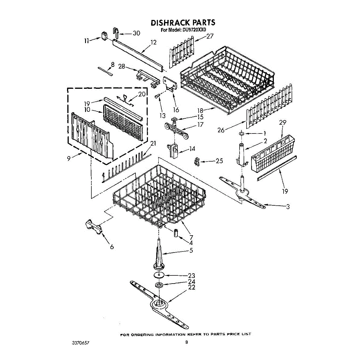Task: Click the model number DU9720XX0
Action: tap(192, 30)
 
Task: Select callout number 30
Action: tap(136, 33)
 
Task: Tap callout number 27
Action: tap(210, 36)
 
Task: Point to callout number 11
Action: tap(87, 41)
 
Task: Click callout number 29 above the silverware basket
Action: tap(283, 123)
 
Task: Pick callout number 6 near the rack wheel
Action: tap(112, 247)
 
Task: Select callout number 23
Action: tap(192, 275)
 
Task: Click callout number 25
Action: tap(219, 161)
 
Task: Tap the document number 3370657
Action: tap(81, 343)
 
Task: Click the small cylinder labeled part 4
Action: tap(175, 233)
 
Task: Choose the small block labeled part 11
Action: tap(105, 36)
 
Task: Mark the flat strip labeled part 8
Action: tap(105, 72)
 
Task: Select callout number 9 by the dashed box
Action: tap(69, 158)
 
